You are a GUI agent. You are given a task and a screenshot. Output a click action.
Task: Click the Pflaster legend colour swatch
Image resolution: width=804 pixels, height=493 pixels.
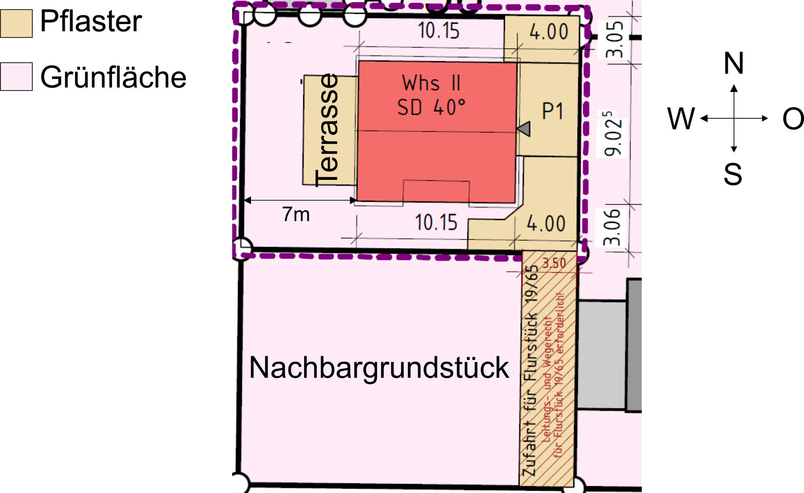tap(16, 24)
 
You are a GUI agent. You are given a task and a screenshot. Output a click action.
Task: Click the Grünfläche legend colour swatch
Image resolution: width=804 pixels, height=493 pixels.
tap(16, 77)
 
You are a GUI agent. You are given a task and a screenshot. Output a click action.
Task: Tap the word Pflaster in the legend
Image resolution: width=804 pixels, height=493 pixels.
tap(91, 22)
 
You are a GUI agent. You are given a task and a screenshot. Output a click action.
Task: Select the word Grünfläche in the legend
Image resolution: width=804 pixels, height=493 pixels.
tap(114, 77)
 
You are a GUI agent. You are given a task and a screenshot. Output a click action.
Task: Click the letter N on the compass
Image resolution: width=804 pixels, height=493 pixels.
tap(734, 63)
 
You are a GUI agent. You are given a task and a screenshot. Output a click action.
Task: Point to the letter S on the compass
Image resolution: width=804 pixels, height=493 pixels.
tap(733, 174)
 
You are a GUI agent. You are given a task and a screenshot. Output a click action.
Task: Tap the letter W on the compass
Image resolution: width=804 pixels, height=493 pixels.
tap(681, 119)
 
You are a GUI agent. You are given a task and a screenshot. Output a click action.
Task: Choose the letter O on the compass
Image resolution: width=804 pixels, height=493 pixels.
tap(793, 119)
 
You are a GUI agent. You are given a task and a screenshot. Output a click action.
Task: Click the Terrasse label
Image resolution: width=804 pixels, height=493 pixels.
tap(327, 130)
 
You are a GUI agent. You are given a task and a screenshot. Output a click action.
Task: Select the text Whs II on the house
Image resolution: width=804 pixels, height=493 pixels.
tap(431, 83)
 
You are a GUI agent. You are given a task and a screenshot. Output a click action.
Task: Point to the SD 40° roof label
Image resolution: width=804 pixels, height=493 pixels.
tap(431, 108)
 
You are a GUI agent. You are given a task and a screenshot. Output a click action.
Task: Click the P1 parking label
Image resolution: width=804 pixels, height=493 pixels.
tap(552, 112)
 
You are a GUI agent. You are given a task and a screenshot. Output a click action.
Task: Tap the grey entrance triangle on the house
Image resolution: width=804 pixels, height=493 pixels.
tap(524, 129)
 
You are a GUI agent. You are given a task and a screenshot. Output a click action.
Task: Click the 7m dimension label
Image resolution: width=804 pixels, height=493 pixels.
tap(296, 214)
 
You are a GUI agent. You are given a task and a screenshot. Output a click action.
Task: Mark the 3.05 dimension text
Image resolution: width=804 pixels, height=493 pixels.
tap(615, 39)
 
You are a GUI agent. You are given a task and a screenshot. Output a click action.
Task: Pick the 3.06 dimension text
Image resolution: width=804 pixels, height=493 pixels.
tap(613, 227)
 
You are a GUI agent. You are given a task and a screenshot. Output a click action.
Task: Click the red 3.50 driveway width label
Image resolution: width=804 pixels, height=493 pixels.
tap(554, 263)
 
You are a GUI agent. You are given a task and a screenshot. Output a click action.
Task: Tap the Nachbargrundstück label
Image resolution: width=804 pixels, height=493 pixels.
tap(379, 368)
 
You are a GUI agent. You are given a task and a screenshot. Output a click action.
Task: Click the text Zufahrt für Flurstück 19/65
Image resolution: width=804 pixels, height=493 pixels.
tap(531, 371)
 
